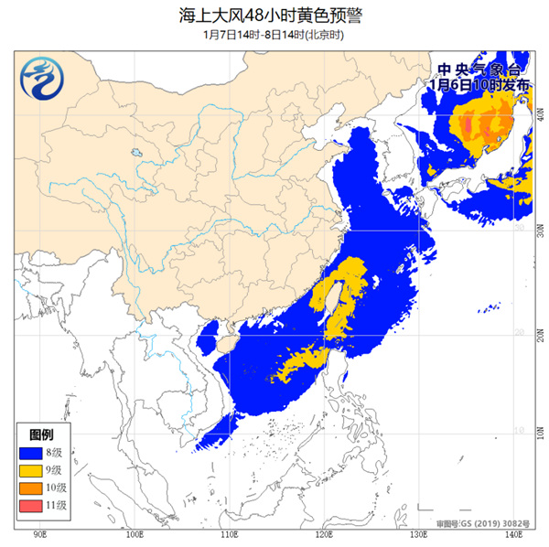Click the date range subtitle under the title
point(274,35)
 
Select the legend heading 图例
point(40,433)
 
